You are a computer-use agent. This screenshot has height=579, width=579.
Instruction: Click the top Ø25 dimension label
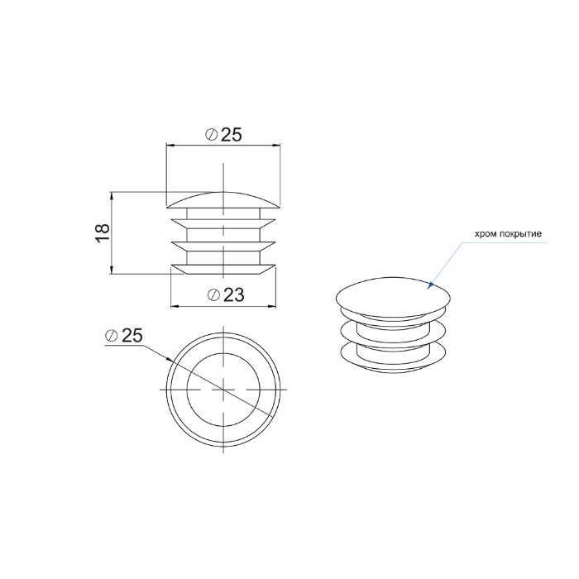coord(223,135)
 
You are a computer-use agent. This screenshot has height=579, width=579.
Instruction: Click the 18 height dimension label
coord(103,232)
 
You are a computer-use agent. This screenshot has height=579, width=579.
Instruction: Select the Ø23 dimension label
coord(226,294)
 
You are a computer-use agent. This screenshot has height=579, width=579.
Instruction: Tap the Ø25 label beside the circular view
coord(124,335)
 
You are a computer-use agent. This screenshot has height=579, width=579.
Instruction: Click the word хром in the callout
coord(486,234)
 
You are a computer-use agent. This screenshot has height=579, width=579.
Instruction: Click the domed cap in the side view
coord(223,200)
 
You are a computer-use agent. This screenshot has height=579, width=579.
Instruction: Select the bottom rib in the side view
coord(223,270)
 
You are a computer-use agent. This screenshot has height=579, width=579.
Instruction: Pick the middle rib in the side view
coord(223,246)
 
